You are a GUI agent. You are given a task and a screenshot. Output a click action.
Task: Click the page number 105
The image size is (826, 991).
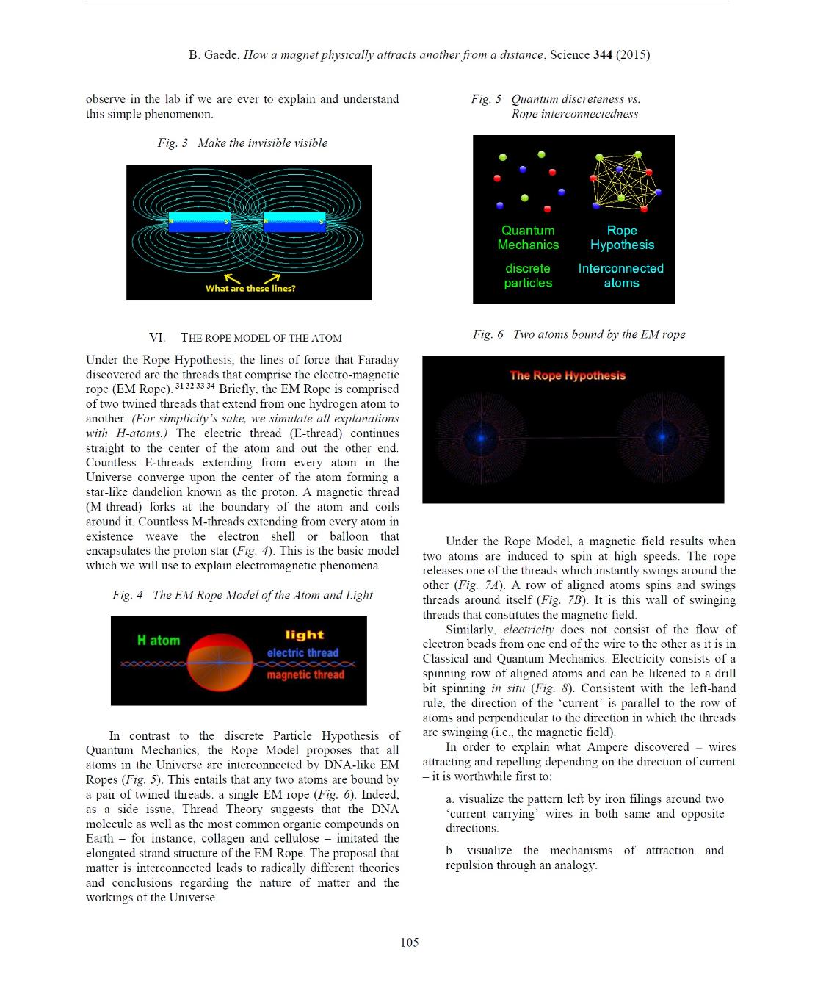(410, 943)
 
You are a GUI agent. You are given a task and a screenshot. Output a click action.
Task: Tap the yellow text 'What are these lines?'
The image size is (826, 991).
(250, 289)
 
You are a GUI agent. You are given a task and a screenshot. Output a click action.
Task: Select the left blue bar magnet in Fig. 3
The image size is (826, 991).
(200, 222)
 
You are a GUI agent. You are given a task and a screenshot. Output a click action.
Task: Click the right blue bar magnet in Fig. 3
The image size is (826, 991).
(294, 222)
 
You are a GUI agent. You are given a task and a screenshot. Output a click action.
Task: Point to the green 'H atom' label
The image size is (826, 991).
(159, 641)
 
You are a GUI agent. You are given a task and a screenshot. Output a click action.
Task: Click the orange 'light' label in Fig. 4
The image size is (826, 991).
(305, 635)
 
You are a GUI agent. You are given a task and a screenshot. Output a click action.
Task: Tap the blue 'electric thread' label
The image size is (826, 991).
(302, 652)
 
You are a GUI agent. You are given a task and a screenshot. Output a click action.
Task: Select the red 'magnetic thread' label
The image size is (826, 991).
(305, 674)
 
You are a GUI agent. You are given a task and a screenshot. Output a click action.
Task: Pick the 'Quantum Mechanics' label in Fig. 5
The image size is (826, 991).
(528, 237)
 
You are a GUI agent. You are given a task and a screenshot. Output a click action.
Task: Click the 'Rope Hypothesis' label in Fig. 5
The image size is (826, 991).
(622, 237)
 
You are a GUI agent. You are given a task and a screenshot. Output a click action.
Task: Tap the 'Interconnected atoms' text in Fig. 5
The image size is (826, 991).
(621, 275)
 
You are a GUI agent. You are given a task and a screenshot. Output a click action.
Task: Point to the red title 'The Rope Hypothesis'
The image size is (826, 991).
(568, 375)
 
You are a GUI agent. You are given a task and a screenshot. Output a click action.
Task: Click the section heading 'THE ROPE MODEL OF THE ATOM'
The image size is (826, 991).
(261, 338)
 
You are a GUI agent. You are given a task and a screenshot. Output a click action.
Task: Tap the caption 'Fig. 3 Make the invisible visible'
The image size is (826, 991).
(242, 143)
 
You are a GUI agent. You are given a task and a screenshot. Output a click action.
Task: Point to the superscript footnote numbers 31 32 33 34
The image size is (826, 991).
(195, 386)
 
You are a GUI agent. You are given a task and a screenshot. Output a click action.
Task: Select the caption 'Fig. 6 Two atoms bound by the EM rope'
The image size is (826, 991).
(579, 334)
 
